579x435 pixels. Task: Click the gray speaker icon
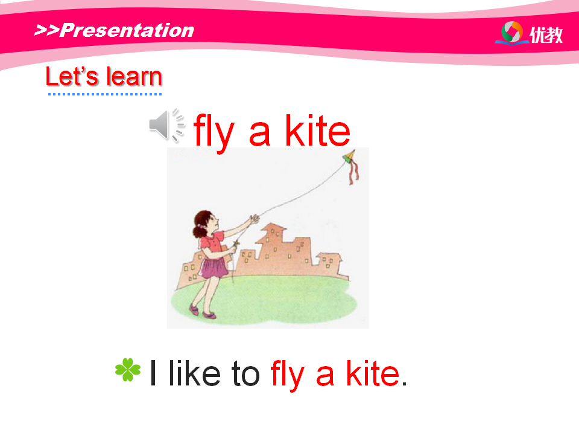point(166,125)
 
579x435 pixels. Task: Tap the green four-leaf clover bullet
point(128,369)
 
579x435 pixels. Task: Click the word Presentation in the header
point(126,30)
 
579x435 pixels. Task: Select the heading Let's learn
point(104,77)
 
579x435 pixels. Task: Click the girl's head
point(204,223)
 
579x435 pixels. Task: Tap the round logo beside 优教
point(512,32)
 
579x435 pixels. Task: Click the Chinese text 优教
point(546,35)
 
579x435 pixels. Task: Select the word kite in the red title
point(318,130)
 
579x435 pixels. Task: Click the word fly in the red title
point(214,132)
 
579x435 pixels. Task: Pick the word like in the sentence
point(194,373)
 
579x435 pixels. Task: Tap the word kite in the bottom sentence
point(373,373)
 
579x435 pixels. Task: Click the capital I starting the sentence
point(153,373)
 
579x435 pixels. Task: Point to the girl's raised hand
point(255,219)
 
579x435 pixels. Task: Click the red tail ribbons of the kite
point(354,172)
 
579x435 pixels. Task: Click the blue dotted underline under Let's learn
point(105,94)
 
